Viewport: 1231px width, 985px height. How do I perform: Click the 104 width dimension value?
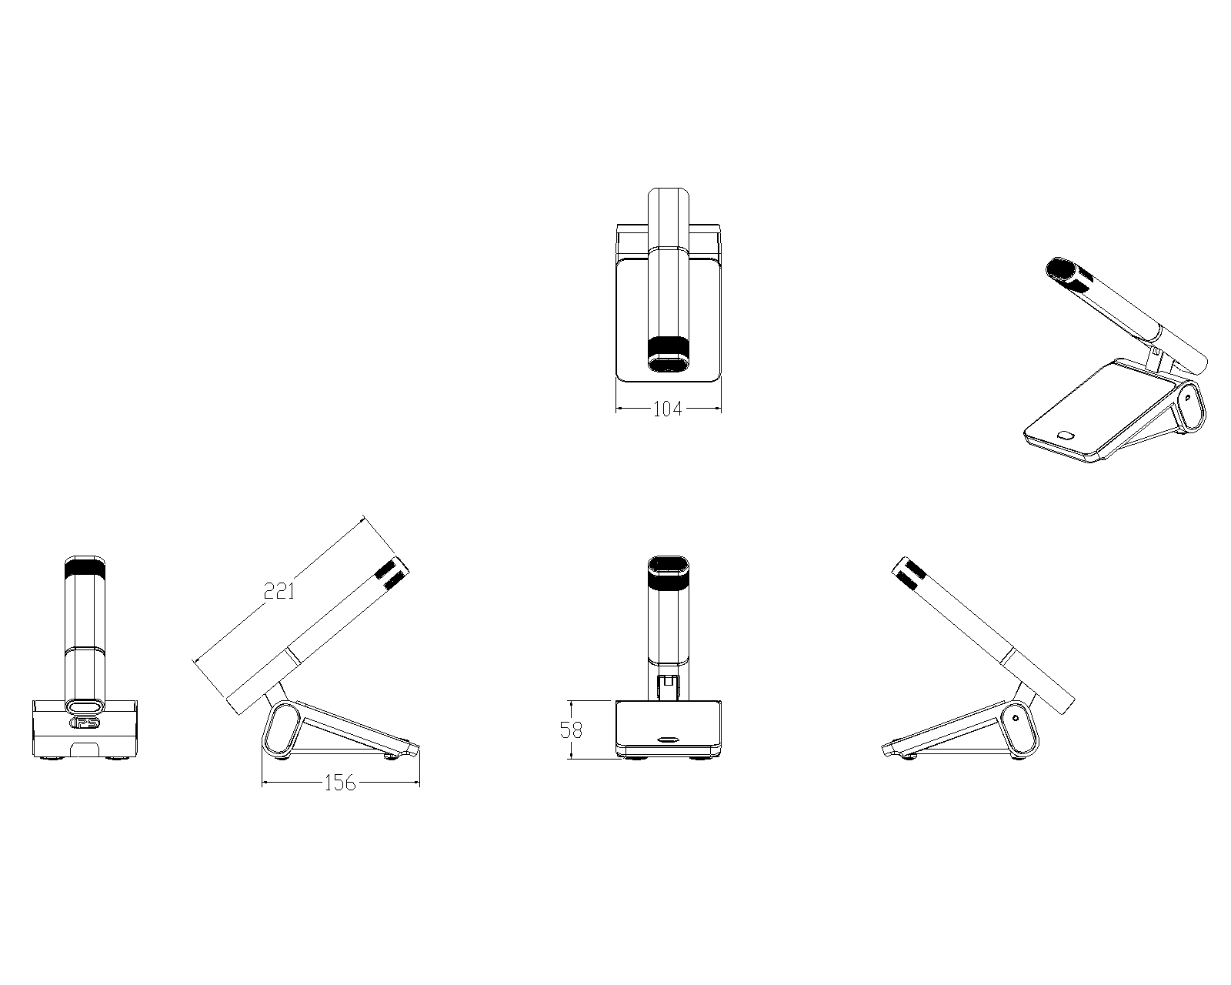(668, 409)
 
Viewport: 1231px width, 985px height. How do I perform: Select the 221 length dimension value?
(279, 591)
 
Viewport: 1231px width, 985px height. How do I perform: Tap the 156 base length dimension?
(340, 783)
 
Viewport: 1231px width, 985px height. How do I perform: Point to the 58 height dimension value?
(571, 730)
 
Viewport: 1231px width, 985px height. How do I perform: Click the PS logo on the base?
(85, 723)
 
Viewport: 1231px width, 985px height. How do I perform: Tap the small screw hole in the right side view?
(1016, 718)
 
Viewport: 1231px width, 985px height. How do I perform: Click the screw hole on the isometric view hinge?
(1187, 396)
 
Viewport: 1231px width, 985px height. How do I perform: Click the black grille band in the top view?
(668, 347)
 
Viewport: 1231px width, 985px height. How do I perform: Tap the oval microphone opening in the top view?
(668, 363)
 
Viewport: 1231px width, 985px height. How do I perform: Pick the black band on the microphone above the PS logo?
(85, 569)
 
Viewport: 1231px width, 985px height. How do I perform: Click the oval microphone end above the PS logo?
(85, 706)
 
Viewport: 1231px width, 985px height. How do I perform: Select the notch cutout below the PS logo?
(85, 749)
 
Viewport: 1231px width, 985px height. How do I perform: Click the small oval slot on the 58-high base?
(668, 739)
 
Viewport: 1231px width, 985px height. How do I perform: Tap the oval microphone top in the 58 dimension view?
(668, 564)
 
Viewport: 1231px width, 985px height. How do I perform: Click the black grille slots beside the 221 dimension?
(392, 574)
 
